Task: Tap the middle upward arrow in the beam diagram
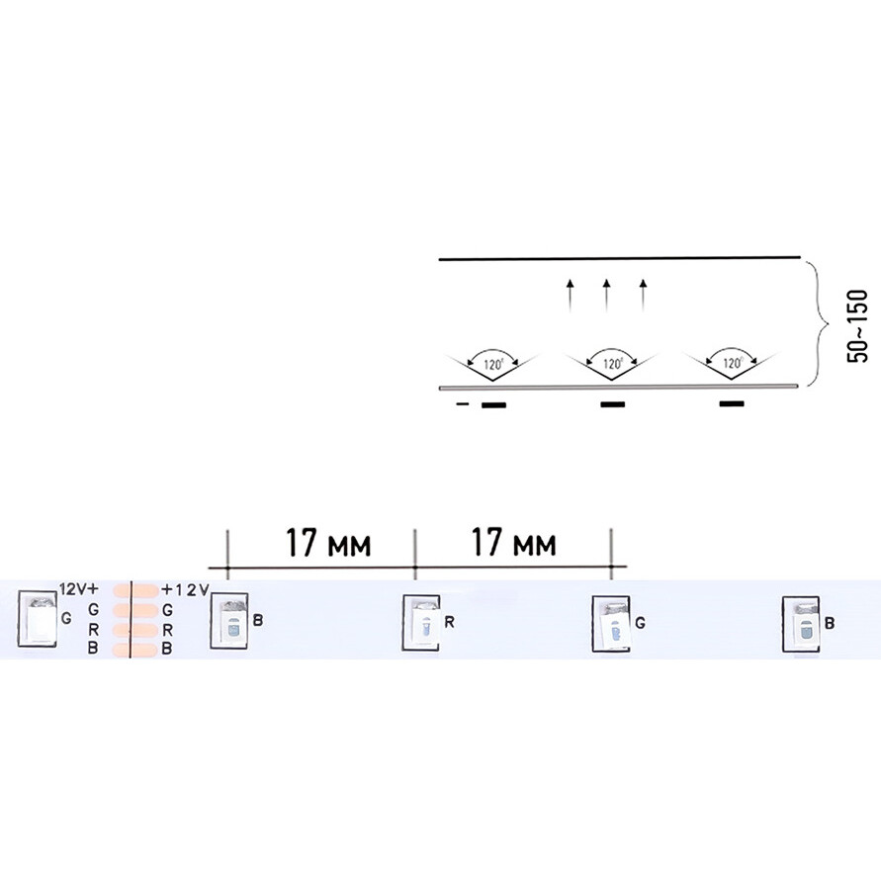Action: coord(606,296)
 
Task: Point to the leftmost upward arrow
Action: coord(570,296)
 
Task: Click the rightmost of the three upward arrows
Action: coord(643,296)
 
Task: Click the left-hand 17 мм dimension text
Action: coord(329,544)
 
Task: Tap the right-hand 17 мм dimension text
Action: coord(513,544)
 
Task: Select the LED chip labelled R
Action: coord(420,624)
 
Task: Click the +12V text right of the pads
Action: coord(185,589)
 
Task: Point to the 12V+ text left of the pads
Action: coord(80,588)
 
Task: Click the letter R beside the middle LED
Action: coord(449,623)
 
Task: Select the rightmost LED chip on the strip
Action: coord(799,624)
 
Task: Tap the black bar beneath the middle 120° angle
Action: coord(612,404)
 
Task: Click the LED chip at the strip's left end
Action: coord(38,619)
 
